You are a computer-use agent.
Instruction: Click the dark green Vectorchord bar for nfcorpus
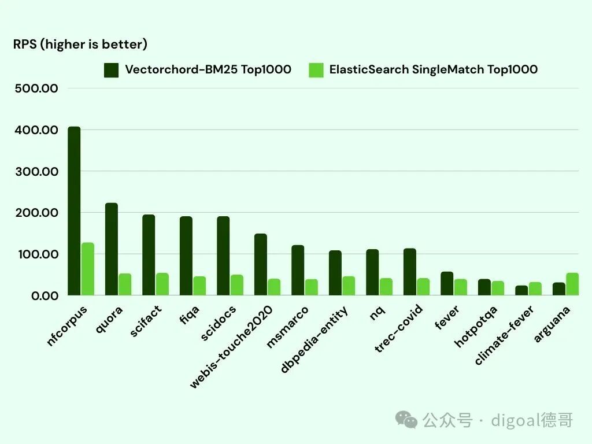click(x=74, y=211)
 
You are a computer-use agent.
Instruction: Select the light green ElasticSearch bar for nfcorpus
click(x=87, y=269)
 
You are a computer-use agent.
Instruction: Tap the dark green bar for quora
click(x=112, y=249)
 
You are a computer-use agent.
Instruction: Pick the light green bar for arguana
click(x=572, y=284)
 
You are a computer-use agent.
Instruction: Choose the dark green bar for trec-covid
click(x=410, y=272)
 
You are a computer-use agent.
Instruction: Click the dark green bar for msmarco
click(x=298, y=270)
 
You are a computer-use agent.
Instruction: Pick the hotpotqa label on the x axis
click(x=476, y=326)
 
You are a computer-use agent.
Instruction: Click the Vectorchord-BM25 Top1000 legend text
click(x=208, y=70)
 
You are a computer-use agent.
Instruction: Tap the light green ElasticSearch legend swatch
click(x=316, y=71)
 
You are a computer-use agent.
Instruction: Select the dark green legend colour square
click(x=111, y=71)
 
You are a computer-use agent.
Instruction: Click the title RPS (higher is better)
click(x=80, y=45)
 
